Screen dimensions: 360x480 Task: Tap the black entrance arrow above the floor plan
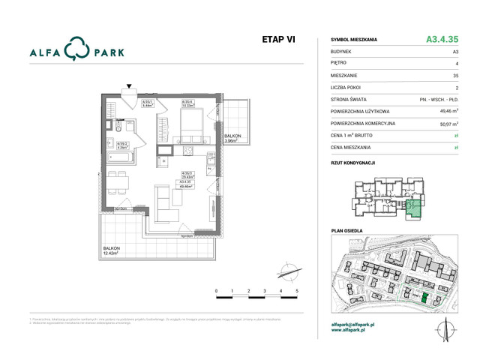pyautogui.click(x=129, y=87)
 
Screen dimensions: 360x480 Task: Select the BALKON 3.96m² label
pyautogui.click(x=232, y=137)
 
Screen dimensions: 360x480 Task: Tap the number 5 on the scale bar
pyautogui.click(x=298, y=289)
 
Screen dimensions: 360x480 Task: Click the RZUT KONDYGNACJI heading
pyautogui.click(x=352, y=163)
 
